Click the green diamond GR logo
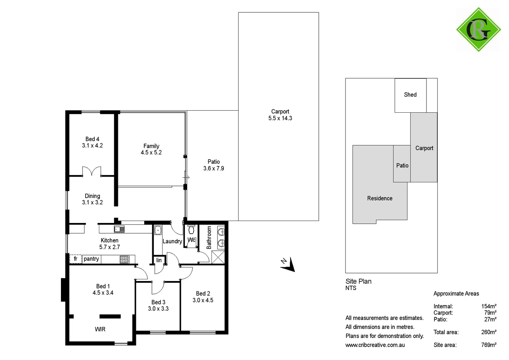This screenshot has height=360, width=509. point(478,30)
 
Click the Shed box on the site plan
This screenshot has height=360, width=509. point(410,95)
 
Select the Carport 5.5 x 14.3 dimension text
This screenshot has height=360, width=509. point(280,118)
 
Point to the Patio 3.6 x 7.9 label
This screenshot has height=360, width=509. point(214,165)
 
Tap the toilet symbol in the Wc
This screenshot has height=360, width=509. point(191,230)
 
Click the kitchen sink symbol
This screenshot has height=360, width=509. point(119,229)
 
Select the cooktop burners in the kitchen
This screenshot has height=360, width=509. point(124,259)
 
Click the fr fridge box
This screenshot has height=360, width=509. point(76,259)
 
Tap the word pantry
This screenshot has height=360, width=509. point(91,259)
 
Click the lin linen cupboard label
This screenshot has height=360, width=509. point(159,260)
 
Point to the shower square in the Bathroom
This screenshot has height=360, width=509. point(218,257)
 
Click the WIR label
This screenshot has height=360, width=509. point(100,329)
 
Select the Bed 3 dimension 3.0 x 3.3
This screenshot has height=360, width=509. point(158,309)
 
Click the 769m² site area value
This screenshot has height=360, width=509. point(489,345)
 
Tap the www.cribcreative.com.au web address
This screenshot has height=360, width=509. point(375,345)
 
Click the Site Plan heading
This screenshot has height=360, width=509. point(358,281)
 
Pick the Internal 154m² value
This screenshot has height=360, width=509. point(489,306)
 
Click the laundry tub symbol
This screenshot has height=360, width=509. point(158,230)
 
